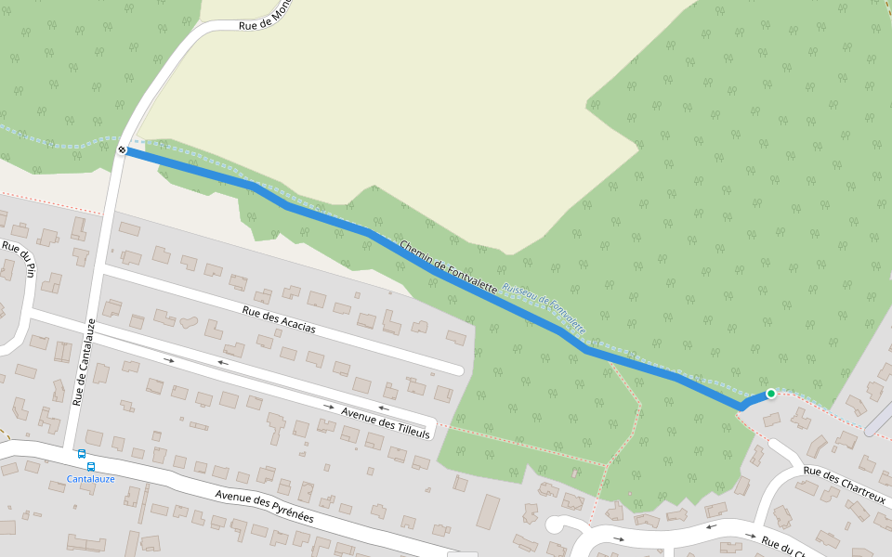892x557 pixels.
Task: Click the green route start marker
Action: pos(770,394)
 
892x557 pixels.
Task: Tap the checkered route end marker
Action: pos(123,149)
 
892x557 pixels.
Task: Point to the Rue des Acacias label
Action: pos(278,320)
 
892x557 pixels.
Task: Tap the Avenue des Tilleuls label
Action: pos(386,422)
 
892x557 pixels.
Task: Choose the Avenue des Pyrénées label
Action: pos(264,506)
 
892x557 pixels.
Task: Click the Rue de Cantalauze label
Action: pos(85,362)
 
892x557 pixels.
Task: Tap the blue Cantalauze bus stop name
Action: pos(90,479)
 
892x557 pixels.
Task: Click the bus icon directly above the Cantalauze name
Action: pos(91,466)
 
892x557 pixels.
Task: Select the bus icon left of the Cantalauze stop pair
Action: pos(81,454)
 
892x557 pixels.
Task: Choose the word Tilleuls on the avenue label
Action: pos(410,431)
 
